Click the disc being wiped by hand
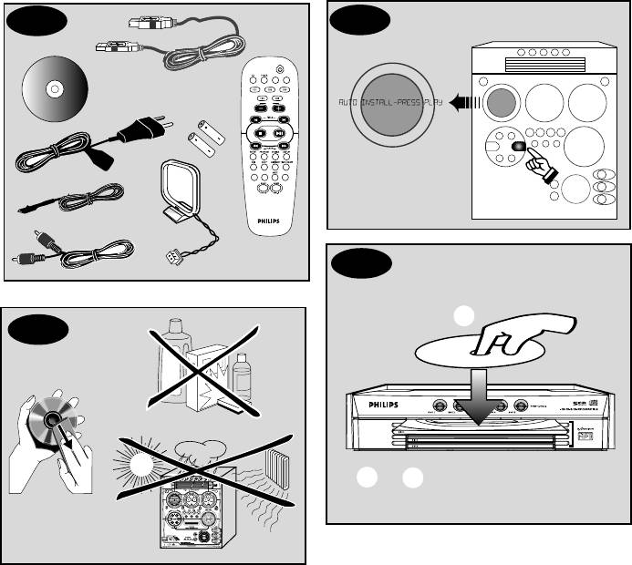45,420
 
